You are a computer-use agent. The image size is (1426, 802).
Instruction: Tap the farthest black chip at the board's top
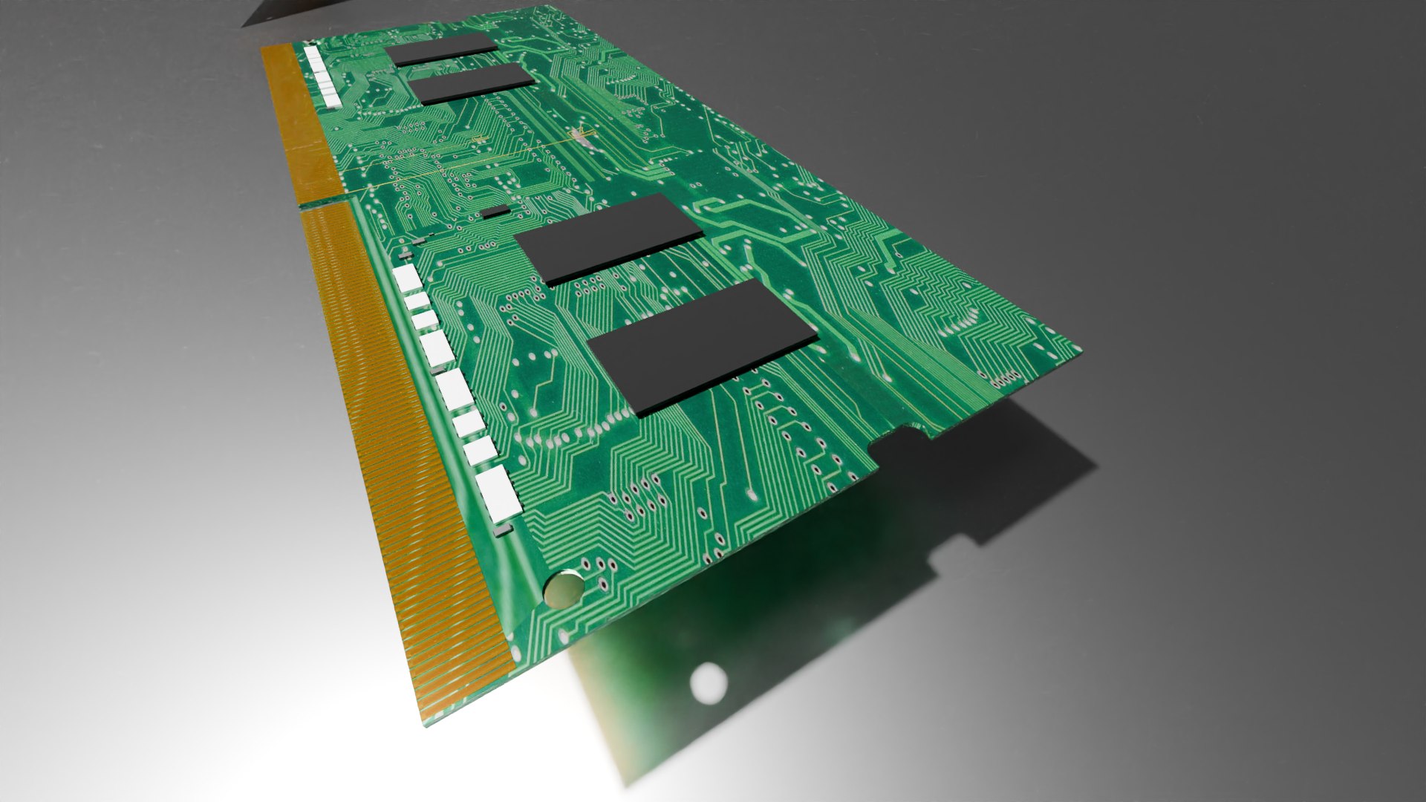(x=443, y=48)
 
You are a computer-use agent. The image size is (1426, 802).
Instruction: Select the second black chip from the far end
(x=472, y=82)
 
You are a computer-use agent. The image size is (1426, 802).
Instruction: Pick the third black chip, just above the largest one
(x=609, y=238)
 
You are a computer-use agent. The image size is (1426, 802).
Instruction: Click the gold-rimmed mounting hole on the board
(x=563, y=590)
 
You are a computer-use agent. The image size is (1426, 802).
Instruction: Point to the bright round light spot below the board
(x=707, y=681)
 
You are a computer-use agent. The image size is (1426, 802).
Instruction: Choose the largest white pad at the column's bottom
(x=498, y=493)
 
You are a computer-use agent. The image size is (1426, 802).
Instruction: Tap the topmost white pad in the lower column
(x=407, y=278)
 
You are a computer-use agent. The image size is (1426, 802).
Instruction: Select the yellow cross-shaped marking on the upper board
(x=581, y=136)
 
